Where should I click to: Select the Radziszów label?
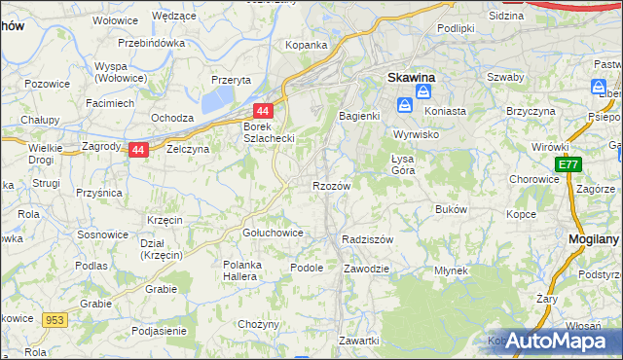tap(367, 239)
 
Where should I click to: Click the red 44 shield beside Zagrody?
tap(138, 150)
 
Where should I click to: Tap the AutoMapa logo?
tap(551, 341)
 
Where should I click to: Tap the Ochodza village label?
tap(172, 118)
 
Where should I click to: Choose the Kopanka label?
tap(306, 45)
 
